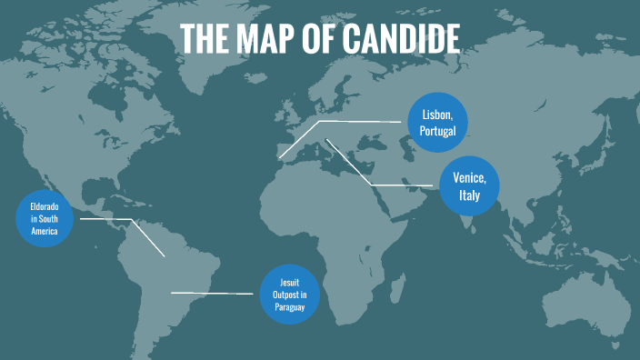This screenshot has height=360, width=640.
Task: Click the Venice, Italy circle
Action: click(x=469, y=186)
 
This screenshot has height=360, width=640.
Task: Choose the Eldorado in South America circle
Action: click(x=44, y=219)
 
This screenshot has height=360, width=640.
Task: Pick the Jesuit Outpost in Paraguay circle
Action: click(x=290, y=295)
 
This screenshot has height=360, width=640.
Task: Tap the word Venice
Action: click(x=469, y=178)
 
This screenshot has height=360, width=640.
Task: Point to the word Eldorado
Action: click(x=44, y=207)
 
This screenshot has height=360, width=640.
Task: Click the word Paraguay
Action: click(x=290, y=307)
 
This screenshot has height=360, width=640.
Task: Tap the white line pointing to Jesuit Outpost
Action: click(x=214, y=293)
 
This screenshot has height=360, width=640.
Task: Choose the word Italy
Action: click(x=469, y=195)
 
